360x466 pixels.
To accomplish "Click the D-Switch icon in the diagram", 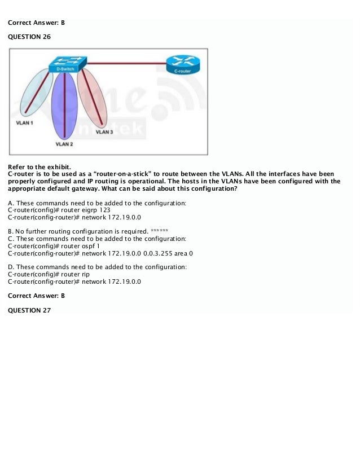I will pyautogui.click(x=68, y=64).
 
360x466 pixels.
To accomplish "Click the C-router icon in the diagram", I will pyautogui.click(x=182, y=65).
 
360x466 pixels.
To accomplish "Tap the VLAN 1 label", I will pyautogui.click(x=24, y=122).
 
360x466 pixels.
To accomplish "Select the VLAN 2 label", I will pyautogui.click(x=64, y=144).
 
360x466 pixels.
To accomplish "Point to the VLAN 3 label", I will pyautogui.click(x=104, y=132).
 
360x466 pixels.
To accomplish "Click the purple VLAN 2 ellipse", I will pyautogui.click(x=63, y=107).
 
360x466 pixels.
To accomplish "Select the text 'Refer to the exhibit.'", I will pyautogui.click(x=39, y=166).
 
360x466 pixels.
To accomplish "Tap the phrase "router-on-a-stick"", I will pyautogui.click(x=124, y=174).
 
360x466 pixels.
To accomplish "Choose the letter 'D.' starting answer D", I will pyautogui.click(x=11, y=267).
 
